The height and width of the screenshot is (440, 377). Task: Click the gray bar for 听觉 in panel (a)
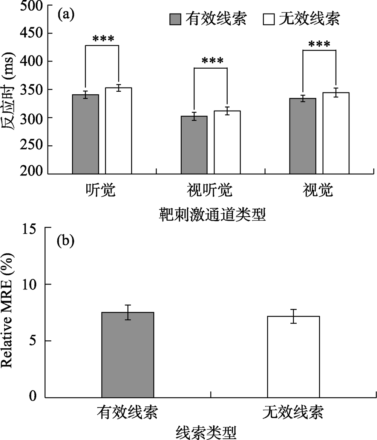coord(86,134)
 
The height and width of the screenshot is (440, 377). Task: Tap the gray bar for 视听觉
coord(194,145)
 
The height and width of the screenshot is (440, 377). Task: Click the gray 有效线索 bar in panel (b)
coord(128,355)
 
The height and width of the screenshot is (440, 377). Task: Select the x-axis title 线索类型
coord(207,431)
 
